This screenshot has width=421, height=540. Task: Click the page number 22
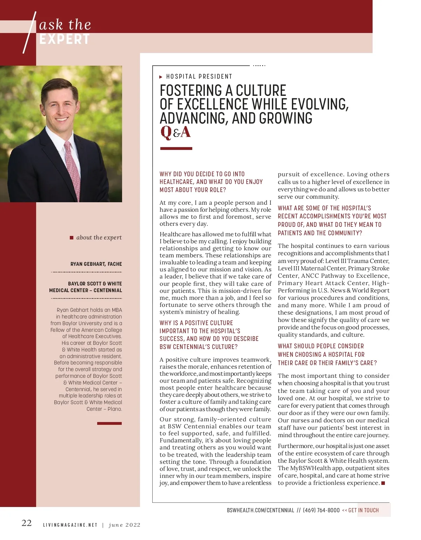coord(27,523)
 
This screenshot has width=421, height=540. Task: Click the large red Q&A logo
coord(175,132)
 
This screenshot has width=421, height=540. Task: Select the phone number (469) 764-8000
coord(321,510)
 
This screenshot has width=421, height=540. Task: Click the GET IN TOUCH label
coord(363,510)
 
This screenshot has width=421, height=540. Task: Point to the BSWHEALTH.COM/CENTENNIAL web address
coord(260,510)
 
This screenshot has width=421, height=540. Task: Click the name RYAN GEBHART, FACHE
coord(96,264)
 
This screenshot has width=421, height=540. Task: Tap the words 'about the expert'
coord(99,238)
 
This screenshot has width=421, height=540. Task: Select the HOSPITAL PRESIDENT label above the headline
coord(199,77)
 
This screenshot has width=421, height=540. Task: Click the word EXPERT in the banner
coord(64,39)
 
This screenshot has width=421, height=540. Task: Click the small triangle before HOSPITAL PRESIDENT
coord(161,77)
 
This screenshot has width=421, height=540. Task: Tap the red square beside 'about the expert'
coord(72,238)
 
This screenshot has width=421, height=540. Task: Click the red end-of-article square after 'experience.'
coord(383,483)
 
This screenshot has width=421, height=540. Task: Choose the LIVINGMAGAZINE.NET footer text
coord(70,525)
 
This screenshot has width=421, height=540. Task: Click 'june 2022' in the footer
coord(125,525)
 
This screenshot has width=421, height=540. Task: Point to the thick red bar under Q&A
coord(176,149)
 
